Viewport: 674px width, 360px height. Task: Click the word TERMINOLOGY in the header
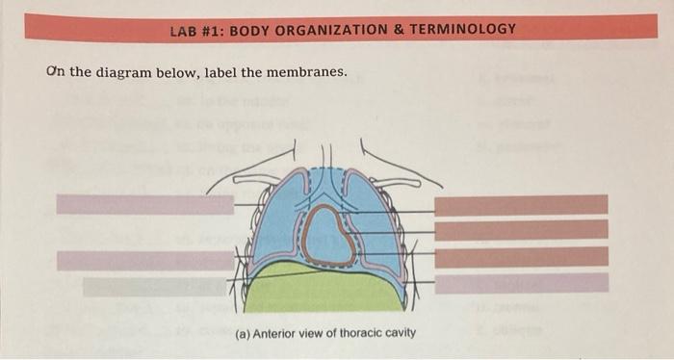point(465,29)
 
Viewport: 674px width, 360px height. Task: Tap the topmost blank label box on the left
point(144,204)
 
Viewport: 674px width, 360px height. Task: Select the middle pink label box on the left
point(144,260)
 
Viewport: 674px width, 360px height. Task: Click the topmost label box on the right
point(521,204)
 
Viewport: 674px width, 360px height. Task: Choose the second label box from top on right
point(521,230)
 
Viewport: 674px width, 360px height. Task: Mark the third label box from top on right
point(521,256)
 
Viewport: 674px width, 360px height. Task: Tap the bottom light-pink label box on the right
point(521,282)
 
